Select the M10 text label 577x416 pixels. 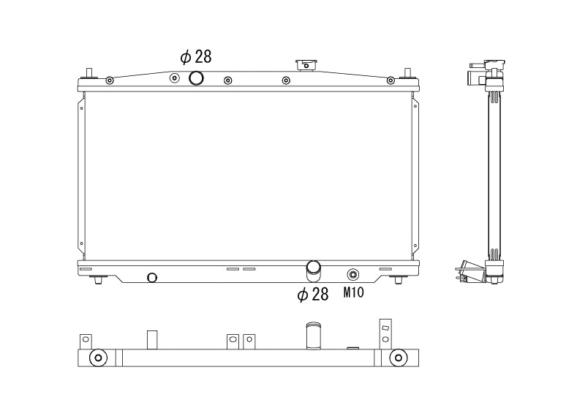coord(354,294)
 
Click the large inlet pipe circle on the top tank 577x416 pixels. coord(196,78)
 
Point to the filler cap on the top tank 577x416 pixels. coord(303,65)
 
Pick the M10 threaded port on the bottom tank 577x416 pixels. coord(353,275)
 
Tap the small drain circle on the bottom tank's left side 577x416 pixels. coord(152,277)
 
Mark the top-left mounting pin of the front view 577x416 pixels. coord(90,73)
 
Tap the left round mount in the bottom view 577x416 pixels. coord(97,358)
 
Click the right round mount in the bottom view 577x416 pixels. coord(398,358)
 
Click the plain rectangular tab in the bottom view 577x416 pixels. coord(152,340)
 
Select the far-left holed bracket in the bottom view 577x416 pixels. coord(86,341)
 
